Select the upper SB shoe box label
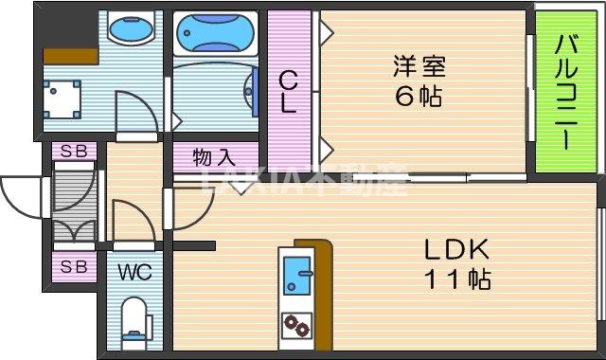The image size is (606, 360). click(x=73, y=150)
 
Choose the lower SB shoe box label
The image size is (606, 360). click(x=73, y=267)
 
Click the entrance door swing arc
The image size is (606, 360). click(x=19, y=197)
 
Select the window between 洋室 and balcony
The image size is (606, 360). click(x=527, y=91)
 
